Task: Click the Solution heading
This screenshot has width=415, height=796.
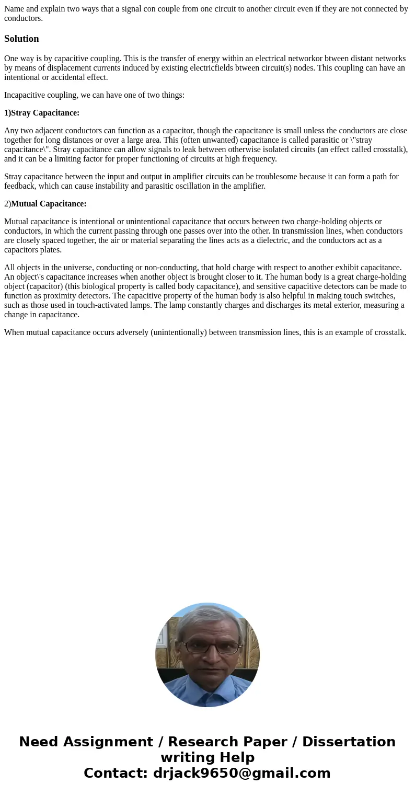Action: click(x=21, y=39)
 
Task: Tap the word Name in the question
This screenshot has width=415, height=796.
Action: click(x=14, y=8)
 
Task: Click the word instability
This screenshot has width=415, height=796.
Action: click(x=117, y=186)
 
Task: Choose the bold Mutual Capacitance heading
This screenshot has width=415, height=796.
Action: click(x=49, y=203)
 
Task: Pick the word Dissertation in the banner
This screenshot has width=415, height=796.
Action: click(x=349, y=742)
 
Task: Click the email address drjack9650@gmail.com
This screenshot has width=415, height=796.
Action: click(x=241, y=773)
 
